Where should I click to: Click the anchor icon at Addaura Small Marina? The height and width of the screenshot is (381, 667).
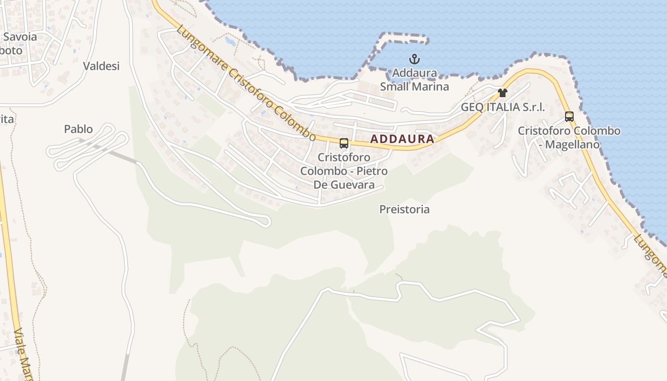(x=414, y=60)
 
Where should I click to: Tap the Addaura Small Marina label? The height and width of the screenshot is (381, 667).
(x=414, y=80)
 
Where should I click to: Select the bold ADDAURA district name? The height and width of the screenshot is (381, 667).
(x=402, y=139)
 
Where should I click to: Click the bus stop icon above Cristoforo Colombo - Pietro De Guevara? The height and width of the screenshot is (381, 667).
(x=344, y=143)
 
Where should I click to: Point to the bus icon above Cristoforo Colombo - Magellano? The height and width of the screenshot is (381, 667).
(x=569, y=116)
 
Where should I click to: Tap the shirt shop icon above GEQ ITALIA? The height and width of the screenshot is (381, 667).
(x=502, y=92)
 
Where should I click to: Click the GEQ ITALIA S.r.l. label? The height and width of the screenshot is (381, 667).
(x=503, y=107)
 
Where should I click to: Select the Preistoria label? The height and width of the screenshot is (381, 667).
(x=404, y=209)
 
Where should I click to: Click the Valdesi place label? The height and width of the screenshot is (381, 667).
(x=101, y=66)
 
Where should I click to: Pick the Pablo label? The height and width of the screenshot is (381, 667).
(x=78, y=129)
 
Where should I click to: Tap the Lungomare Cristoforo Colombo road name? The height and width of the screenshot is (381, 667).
(x=246, y=83)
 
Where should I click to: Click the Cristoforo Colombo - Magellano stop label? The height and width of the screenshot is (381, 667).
(x=569, y=137)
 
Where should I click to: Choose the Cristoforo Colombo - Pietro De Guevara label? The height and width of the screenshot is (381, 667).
(x=344, y=170)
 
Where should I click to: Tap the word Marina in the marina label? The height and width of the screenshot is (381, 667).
(x=431, y=87)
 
